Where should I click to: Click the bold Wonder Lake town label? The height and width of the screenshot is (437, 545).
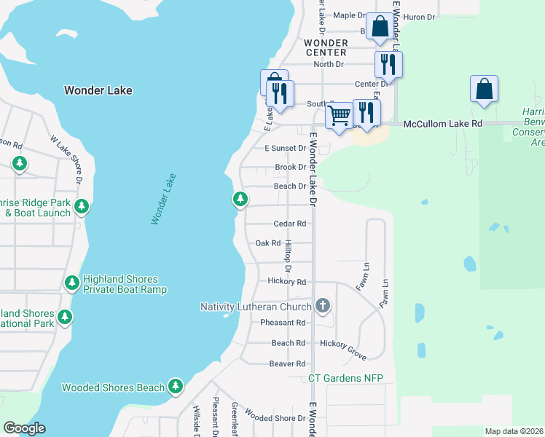coord(98,90)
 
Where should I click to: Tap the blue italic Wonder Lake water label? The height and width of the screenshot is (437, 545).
coord(163,198)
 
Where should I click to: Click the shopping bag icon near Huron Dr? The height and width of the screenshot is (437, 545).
coord(380,27)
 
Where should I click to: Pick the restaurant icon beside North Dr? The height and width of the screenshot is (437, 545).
coord(388,65)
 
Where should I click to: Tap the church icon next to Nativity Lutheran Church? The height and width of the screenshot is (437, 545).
coord(323,307)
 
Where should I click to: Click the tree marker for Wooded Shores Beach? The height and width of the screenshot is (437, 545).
coord(176,387)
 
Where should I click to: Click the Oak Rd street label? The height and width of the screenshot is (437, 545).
coord(268,243)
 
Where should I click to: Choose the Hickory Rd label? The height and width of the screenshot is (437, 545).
coord(286,282)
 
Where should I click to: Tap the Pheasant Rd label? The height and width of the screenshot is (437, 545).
coord(283,323)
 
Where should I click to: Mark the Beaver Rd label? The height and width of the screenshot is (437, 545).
coord(287,363)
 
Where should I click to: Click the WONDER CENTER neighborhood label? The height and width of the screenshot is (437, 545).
coord(326,47)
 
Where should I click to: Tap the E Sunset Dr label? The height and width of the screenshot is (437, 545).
coord(285,148)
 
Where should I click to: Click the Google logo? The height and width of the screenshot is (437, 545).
coord(24,428)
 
